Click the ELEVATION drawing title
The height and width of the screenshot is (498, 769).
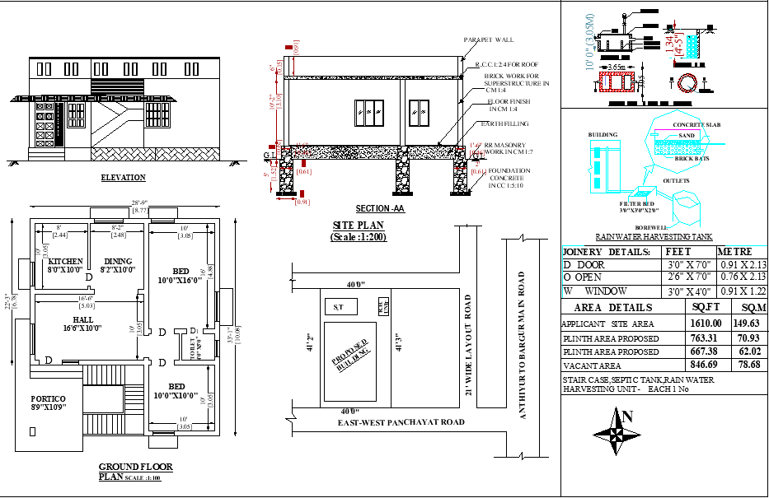point(123,178)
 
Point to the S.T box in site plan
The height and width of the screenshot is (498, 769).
point(338,308)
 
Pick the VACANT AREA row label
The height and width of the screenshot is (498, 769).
point(593,365)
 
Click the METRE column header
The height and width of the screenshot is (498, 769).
point(736,251)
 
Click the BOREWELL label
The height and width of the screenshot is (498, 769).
point(651,227)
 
